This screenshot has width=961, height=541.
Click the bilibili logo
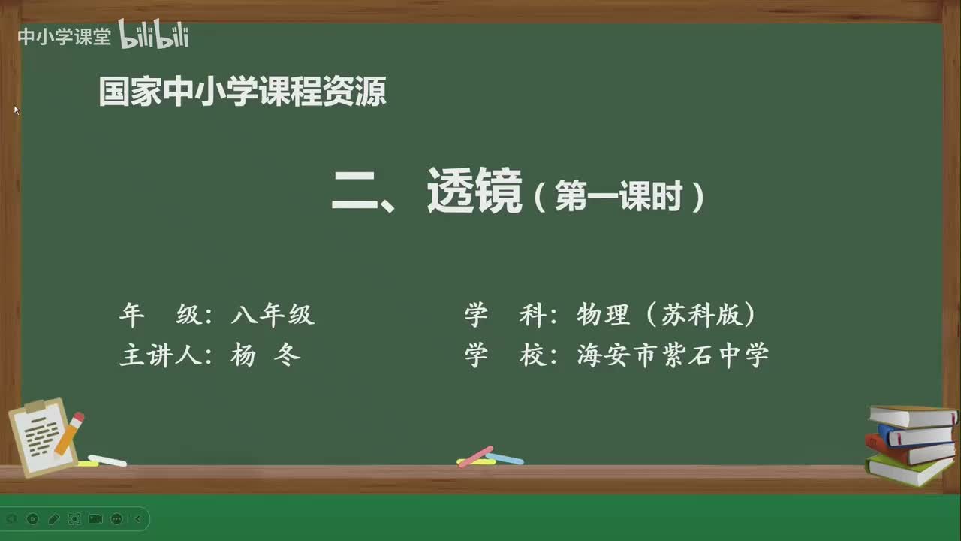point(154,35)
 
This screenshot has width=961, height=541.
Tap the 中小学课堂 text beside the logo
point(64,37)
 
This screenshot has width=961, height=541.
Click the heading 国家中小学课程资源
point(242,92)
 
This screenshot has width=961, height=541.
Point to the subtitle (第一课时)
point(619,198)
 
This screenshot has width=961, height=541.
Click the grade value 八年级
point(273,315)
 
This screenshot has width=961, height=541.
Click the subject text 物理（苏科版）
point(666,315)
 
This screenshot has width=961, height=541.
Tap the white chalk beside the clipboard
point(107,460)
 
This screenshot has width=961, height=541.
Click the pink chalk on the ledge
point(474,456)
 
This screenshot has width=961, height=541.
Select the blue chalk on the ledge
point(505,458)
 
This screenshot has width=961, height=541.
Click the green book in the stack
point(908,470)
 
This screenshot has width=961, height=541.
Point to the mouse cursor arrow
point(16,110)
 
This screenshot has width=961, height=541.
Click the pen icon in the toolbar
point(53,518)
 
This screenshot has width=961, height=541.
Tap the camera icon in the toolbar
point(95,518)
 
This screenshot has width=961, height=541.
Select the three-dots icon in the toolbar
point(116,518)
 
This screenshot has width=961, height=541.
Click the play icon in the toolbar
point(32,518)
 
